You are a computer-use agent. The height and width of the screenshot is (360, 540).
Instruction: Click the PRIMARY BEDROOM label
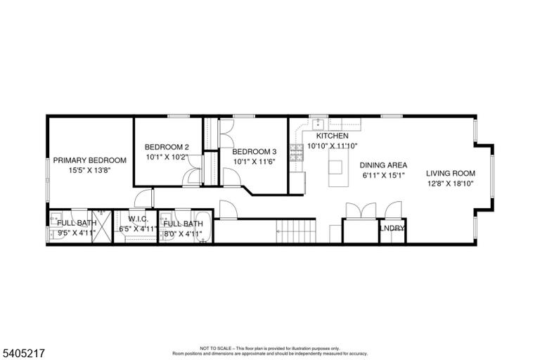pyautogui.click(x=89, y=160)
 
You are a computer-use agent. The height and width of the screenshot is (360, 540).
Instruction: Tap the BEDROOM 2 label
pyautogui.click(x=167, y=147)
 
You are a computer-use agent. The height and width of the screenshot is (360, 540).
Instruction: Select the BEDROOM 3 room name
pyautogui.click(x=254, y=152)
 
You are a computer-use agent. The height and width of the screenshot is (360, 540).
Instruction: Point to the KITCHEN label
pyautogui.click(x=333, y=136)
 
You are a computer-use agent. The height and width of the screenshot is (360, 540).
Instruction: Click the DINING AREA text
pyautogui.click(x=383, y=165)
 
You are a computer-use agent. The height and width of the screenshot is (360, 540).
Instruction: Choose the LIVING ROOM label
pyautogui.click(x=451, y=173)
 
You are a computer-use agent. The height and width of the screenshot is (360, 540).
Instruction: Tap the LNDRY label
pyautogui.click(x=392, y=229)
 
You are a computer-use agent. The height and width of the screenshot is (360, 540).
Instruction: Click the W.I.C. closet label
pyautogui.click(x=138, y=219)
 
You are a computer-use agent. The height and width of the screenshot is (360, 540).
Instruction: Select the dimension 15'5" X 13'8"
pyautogui.click(x=89, y=170)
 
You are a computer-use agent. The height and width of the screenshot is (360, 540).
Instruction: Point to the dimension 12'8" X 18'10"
pyautogui.click(x=451, y=184)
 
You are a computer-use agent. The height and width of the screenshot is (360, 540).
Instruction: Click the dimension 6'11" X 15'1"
pyautogui.click(x=383, y=175)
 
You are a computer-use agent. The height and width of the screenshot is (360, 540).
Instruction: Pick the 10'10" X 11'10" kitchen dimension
pyautogui.click(x=333, y=146)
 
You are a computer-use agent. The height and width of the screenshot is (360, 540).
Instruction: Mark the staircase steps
pyautogui.click(x=296, y=231)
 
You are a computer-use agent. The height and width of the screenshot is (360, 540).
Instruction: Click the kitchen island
pyautogui.click(x=336, y=168)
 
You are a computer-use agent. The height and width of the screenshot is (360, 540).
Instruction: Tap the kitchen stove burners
pyautogui.click(x=297, y=153)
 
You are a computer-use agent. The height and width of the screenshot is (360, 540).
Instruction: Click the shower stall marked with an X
pyautogui.click(x=102, y=226)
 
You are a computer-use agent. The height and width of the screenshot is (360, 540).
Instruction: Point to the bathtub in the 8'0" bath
pyautogui.click(x=203, y=227)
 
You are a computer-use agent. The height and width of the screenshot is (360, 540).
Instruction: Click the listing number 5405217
pyautogui.click(x=24, y=353)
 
